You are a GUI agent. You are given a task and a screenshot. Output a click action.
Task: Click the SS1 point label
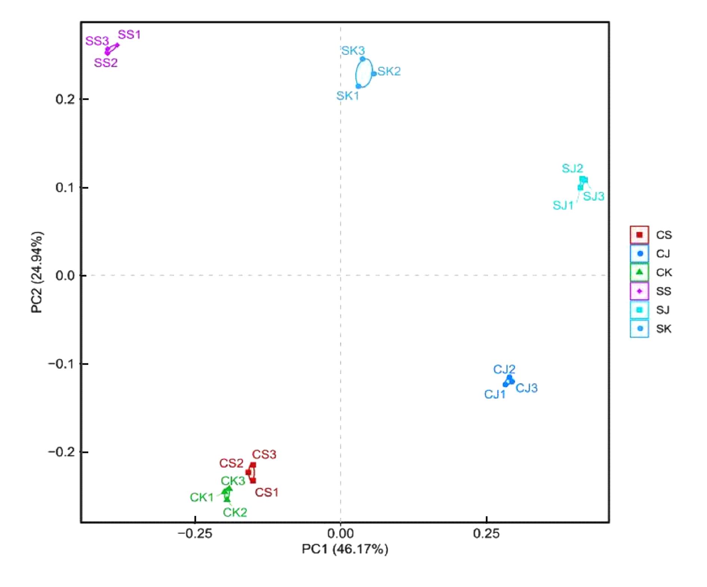click(129, 35)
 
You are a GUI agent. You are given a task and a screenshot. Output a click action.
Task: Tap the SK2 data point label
click(389, 71)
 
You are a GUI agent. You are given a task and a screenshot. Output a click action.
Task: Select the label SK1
click(348, 96)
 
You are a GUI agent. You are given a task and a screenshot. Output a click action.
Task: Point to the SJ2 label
click(572, 168)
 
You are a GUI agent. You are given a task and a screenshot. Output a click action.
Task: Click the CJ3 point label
click(526, 388)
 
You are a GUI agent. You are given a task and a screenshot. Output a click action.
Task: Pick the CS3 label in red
click(264, 455)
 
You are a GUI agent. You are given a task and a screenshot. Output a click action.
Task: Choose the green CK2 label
click(235, 512)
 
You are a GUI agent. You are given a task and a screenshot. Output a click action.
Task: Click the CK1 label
click(202, 497)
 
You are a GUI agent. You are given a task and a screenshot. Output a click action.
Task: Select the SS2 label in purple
click(106, 63)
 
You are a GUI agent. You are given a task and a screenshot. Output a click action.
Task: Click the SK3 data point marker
click(362, 59)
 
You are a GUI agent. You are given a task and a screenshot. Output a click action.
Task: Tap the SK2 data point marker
click(374, 74)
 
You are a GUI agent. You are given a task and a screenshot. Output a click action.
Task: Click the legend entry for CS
click(651, 235)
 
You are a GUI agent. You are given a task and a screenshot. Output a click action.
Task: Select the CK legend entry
click(651, 272)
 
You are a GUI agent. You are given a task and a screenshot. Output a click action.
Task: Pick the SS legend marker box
click(639, 291)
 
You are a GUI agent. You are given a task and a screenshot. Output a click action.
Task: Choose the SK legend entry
click(651, 329)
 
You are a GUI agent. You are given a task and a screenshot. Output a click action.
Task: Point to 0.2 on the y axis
click(65, 99)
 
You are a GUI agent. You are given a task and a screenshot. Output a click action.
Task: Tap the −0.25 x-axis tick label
click(195, 534)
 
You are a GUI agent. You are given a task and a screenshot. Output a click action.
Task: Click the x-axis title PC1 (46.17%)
click(345, 549)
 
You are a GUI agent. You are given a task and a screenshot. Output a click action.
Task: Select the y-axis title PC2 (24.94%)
click(37, 272)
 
